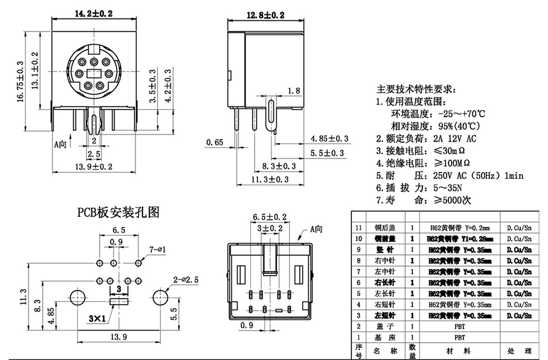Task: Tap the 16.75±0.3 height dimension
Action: click(x=20, y=81)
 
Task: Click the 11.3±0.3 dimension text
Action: click(x=269, y=179)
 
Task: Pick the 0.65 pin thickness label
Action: click(x=215, y=142)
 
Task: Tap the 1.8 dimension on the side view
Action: click(x=294, y=91)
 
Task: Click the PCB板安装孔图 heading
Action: click(x=118, y=213)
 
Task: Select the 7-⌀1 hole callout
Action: click(x=158, y=249)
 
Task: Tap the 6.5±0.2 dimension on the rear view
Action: click(x=270, y=217)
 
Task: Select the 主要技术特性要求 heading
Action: click(x=415, y=90)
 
